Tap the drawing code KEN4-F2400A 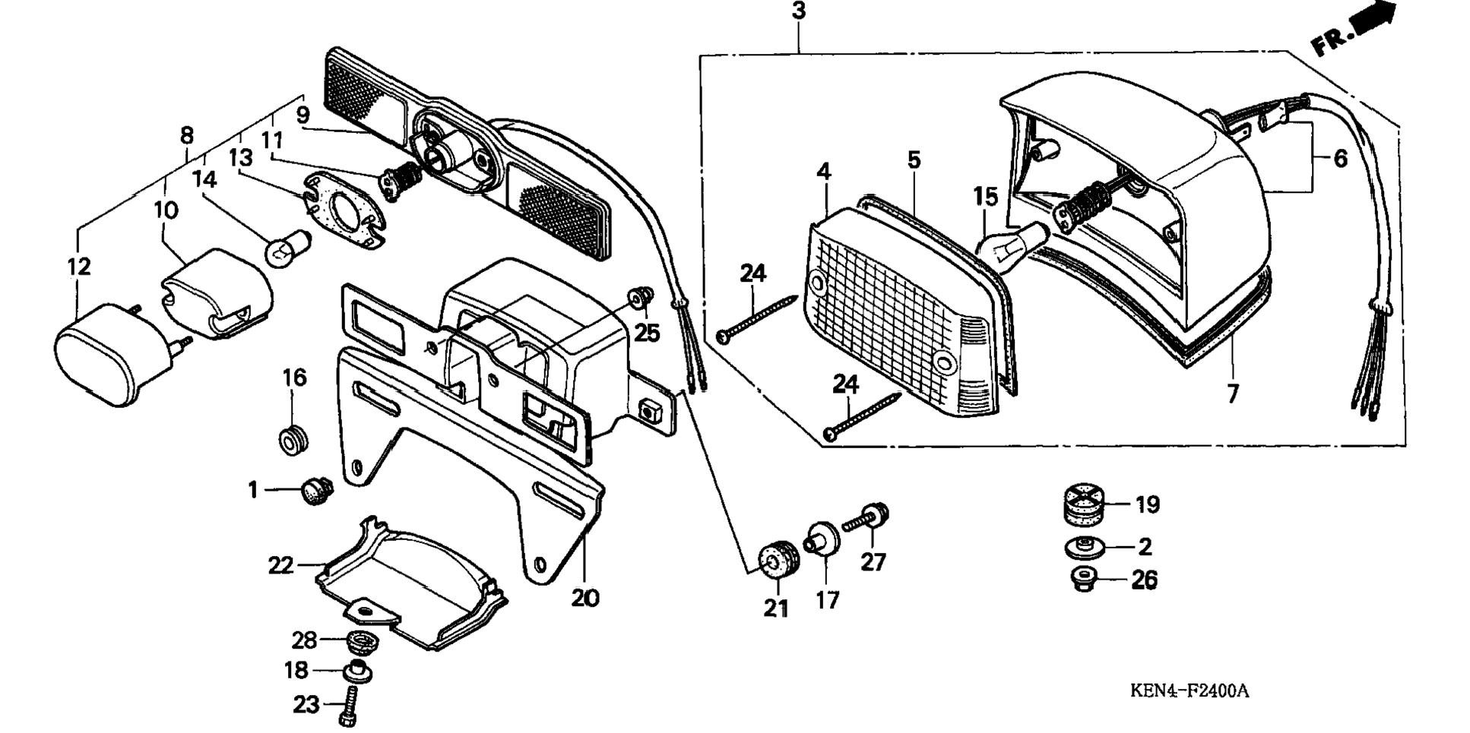(1189, 690)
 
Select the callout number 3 (798, 11)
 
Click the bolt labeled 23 (352, 706)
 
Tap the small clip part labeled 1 (315, 491)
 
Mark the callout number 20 (585, 599)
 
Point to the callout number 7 (1232, 393)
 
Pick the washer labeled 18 (357, 673)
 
